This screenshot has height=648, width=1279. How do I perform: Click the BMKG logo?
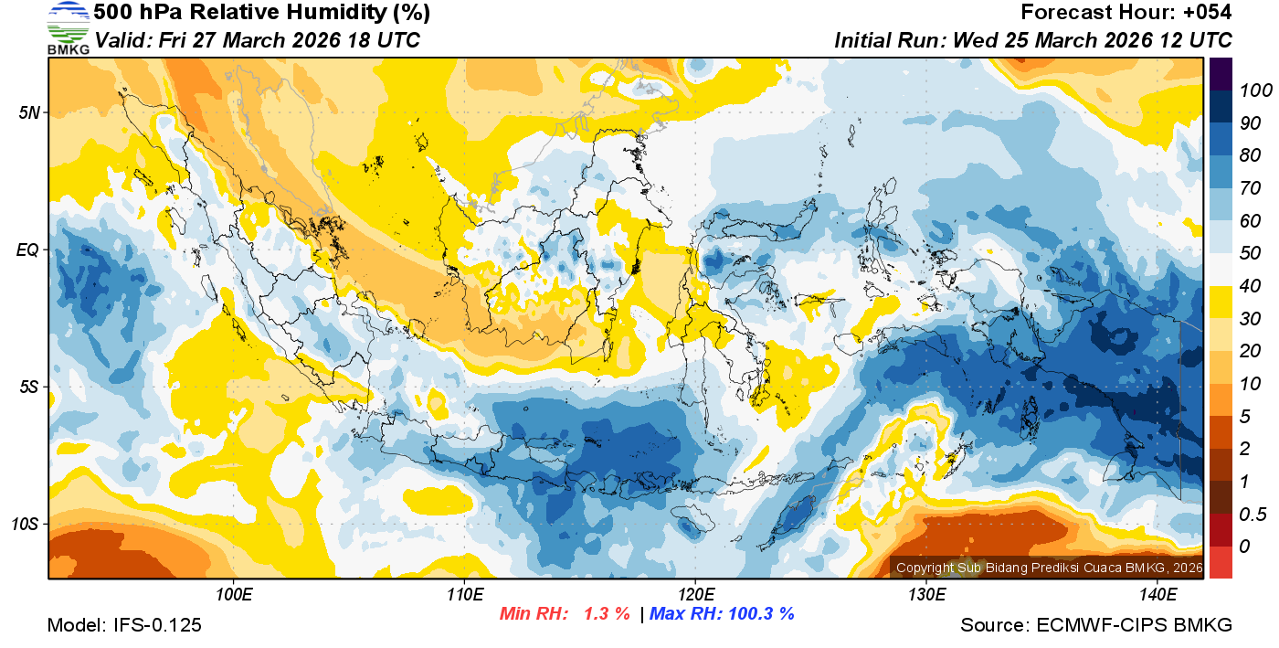[68, 27]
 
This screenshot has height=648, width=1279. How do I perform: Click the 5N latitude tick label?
[29, 112]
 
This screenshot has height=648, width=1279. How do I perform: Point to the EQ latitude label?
[28, 250]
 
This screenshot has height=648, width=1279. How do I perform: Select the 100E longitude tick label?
[234, 595]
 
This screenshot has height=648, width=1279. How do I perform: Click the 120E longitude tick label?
[695, 595]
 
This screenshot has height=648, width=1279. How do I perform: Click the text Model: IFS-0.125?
[124, 625]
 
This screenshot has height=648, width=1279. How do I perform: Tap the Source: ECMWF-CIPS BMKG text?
[1096, 625]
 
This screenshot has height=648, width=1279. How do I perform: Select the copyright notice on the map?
[1050, 568]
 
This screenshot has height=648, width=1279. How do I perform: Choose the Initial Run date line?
[1033, 40]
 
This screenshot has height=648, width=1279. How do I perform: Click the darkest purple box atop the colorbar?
[1221, 72]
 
